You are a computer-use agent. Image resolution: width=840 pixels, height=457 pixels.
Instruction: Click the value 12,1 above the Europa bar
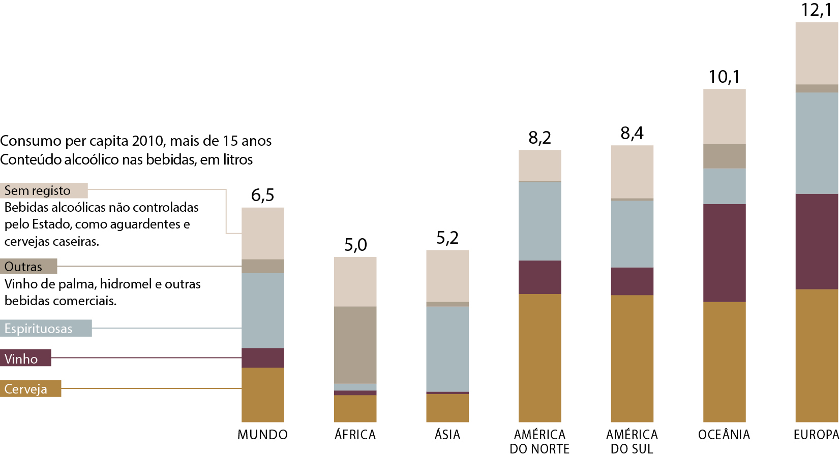click(817, 10)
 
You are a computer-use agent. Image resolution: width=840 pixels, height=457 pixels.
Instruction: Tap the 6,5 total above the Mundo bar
click(262, 195)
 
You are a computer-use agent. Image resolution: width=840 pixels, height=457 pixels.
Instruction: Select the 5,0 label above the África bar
click(355, 245)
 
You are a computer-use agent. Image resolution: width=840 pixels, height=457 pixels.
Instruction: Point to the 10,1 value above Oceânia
click(724, 77)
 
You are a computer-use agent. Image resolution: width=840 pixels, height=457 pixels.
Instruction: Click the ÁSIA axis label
click(447, 435)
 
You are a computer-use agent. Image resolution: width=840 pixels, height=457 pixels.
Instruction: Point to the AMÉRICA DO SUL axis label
click(632, 442)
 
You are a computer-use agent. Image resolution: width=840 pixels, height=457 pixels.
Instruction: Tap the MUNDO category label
click(262, 435)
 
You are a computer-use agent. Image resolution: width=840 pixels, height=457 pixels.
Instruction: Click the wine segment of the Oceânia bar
click(724, 253)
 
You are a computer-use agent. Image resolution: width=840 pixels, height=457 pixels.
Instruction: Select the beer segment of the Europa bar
click(817, 355)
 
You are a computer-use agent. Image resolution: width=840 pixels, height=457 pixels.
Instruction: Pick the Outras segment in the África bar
click(355, 345)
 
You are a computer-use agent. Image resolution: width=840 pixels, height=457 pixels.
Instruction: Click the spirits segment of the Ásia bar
click(447, 349)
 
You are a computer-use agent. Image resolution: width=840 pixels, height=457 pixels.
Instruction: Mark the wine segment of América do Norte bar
click(539, 277)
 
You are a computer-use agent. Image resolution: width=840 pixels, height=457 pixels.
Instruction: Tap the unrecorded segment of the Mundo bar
click(262, 234)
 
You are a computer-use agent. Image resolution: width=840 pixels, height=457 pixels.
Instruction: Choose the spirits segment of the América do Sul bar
click(632, 234)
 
